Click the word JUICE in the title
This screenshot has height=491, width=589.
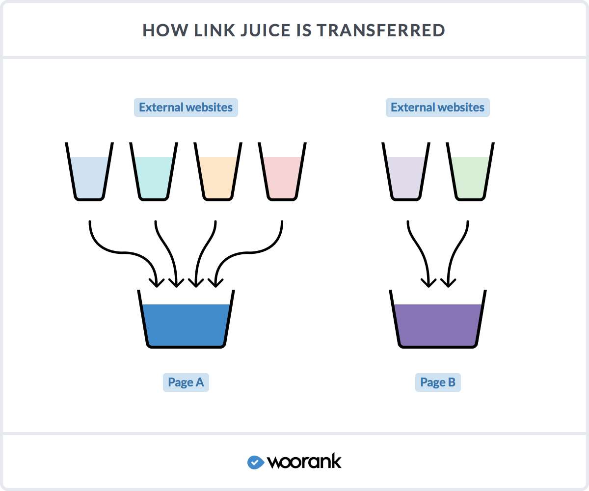coord(266,30)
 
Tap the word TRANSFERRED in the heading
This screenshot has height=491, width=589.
coord(381,30)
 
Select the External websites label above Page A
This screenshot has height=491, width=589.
coord(186,108)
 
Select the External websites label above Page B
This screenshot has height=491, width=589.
coord(437,108)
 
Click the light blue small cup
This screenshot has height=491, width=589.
coord(89,171)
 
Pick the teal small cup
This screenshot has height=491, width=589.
coord(154,171)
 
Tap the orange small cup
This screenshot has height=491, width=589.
coord(218,171)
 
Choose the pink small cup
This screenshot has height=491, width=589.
coord(282,171)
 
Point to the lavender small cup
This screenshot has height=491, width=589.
coord(406,171)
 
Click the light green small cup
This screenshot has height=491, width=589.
coord(470,171)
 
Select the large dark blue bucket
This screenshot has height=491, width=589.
coord(186,319)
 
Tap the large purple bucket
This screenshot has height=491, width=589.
coord(438,319)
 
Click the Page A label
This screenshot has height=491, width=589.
coord(186,382)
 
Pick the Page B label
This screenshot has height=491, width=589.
coord(438,382)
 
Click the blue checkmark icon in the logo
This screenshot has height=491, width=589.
coord(256,462)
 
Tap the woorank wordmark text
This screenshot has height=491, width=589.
coord(304,462)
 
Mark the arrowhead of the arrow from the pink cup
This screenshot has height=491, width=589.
coord(216,283)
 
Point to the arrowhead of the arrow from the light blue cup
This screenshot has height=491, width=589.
coord(157,283)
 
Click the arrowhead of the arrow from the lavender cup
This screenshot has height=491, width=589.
coord(428,283)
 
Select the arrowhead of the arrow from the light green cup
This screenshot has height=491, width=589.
coord(448,283)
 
